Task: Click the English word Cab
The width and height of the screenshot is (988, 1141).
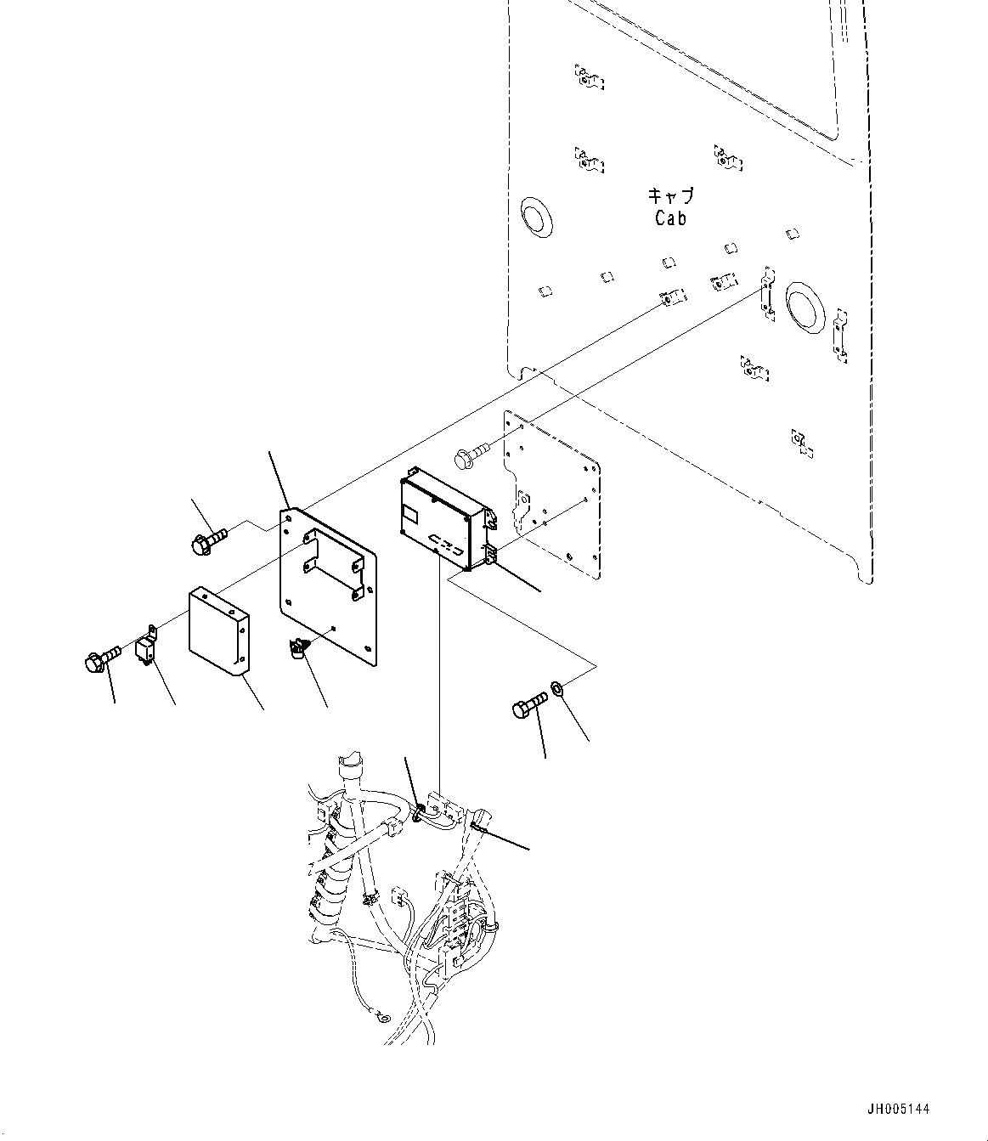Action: point(670,218)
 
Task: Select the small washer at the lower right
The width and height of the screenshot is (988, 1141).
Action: point(556,685)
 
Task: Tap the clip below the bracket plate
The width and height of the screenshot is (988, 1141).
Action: point(297,649)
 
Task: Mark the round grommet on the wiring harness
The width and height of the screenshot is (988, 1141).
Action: point(419,814)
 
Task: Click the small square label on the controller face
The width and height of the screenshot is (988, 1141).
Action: point(410,513)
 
